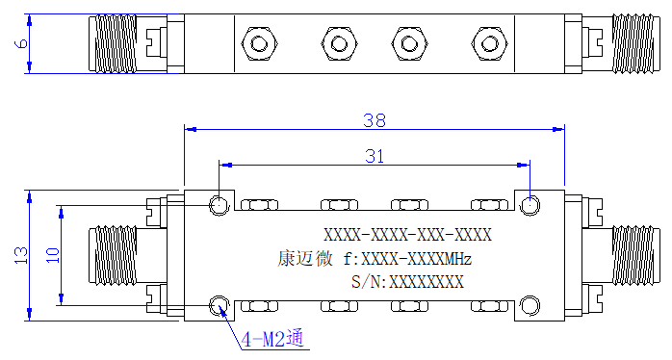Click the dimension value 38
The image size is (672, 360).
point(375,120)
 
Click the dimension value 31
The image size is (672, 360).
point(375,156)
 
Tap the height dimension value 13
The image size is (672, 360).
point(21,255)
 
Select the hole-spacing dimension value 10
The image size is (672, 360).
point(53,255)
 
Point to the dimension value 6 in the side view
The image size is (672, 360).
point(21,43)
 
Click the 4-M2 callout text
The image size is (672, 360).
point(272,339)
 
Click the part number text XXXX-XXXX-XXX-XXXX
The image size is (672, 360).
point(407,235)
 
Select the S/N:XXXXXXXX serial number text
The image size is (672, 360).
point(407,282)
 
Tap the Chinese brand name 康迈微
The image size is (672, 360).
point(305,258)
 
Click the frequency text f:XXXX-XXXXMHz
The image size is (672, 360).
point(407,259)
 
